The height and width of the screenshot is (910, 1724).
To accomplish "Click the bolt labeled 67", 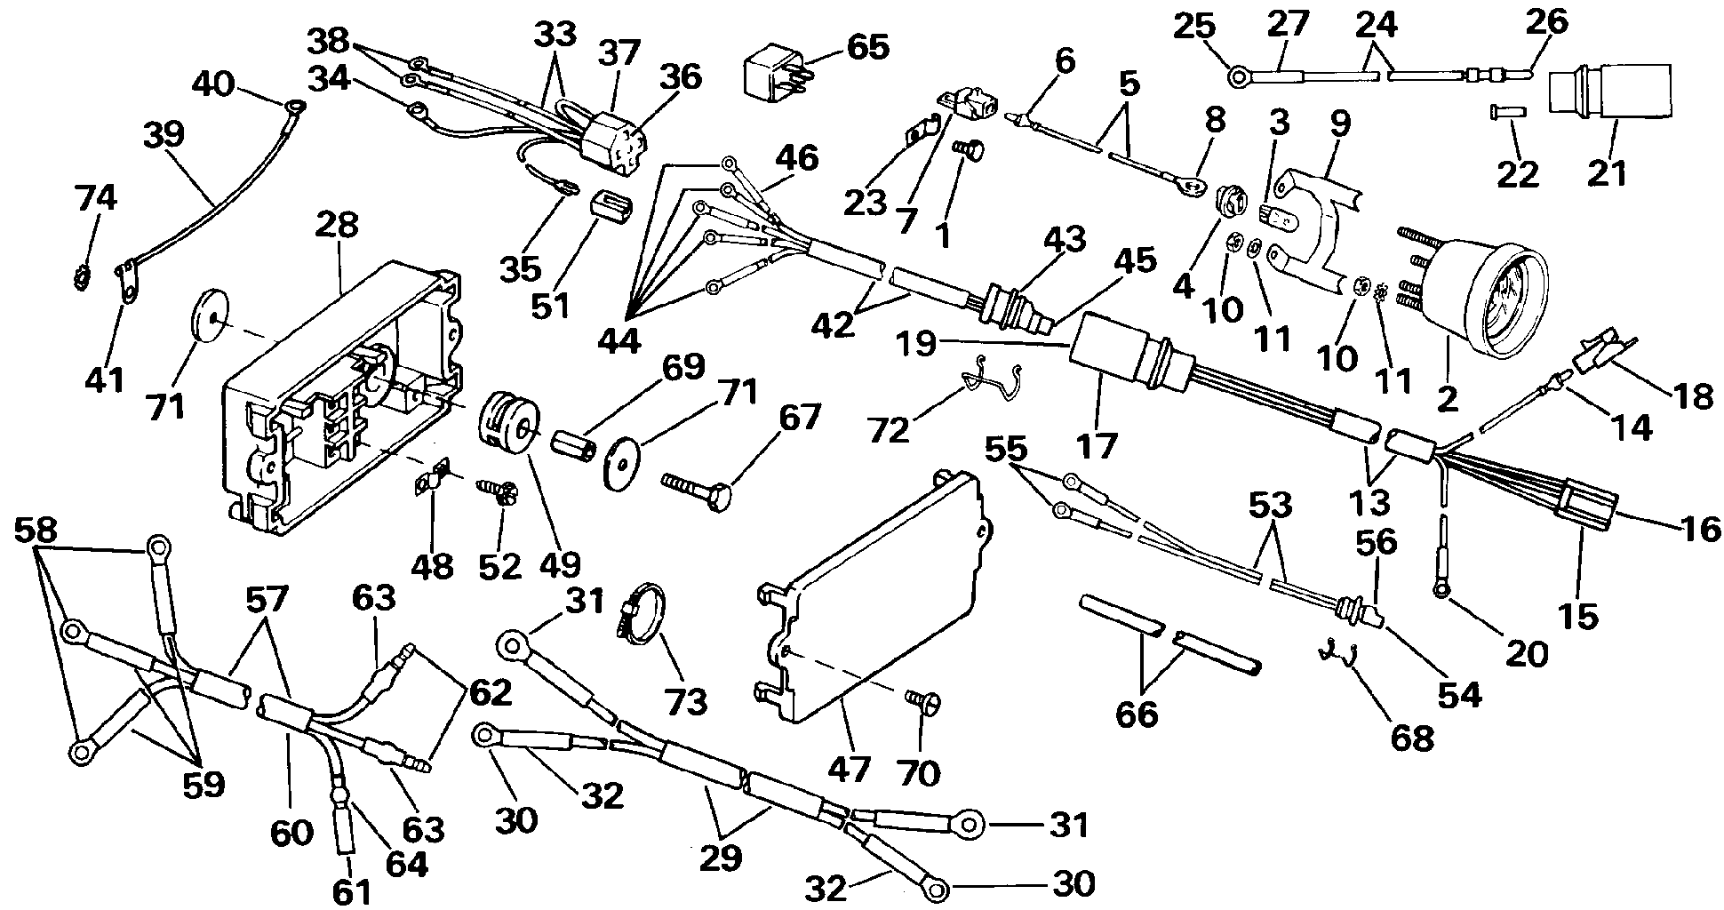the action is [x=704, y=485].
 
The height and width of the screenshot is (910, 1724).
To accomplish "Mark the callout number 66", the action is [x=1137, y=713].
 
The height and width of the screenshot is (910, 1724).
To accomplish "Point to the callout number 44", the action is [x=619, y=340].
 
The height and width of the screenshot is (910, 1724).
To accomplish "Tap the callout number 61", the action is [x=352, y=893].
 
